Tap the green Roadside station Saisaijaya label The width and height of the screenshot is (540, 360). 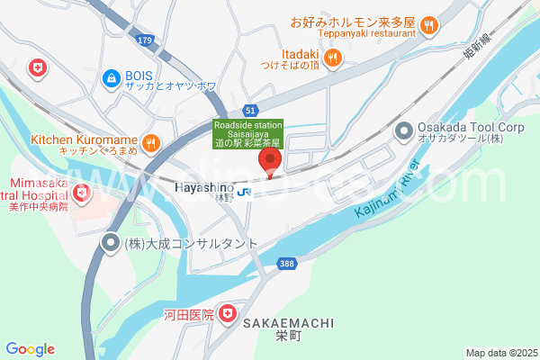coord(247,133)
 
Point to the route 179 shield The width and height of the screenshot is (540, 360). coord(145,40)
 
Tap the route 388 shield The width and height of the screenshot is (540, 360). coord(285,262)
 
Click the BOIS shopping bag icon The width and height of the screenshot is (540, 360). coord(112,78)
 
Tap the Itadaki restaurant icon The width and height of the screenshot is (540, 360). coord(333,58)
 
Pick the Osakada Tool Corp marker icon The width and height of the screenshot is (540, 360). coord(403,131)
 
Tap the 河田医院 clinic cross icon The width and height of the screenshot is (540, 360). coord(229,314)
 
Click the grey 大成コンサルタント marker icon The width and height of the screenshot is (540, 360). coord(111,242)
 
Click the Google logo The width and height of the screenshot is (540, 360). coord(30,349)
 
